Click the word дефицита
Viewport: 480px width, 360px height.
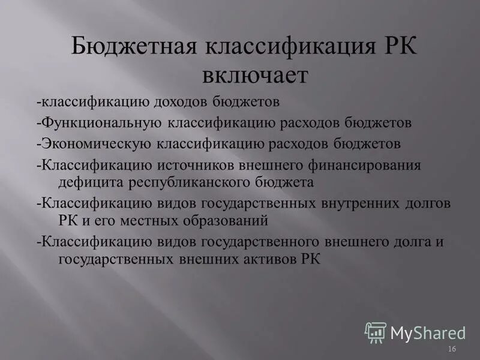91,181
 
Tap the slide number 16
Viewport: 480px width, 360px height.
452,349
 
